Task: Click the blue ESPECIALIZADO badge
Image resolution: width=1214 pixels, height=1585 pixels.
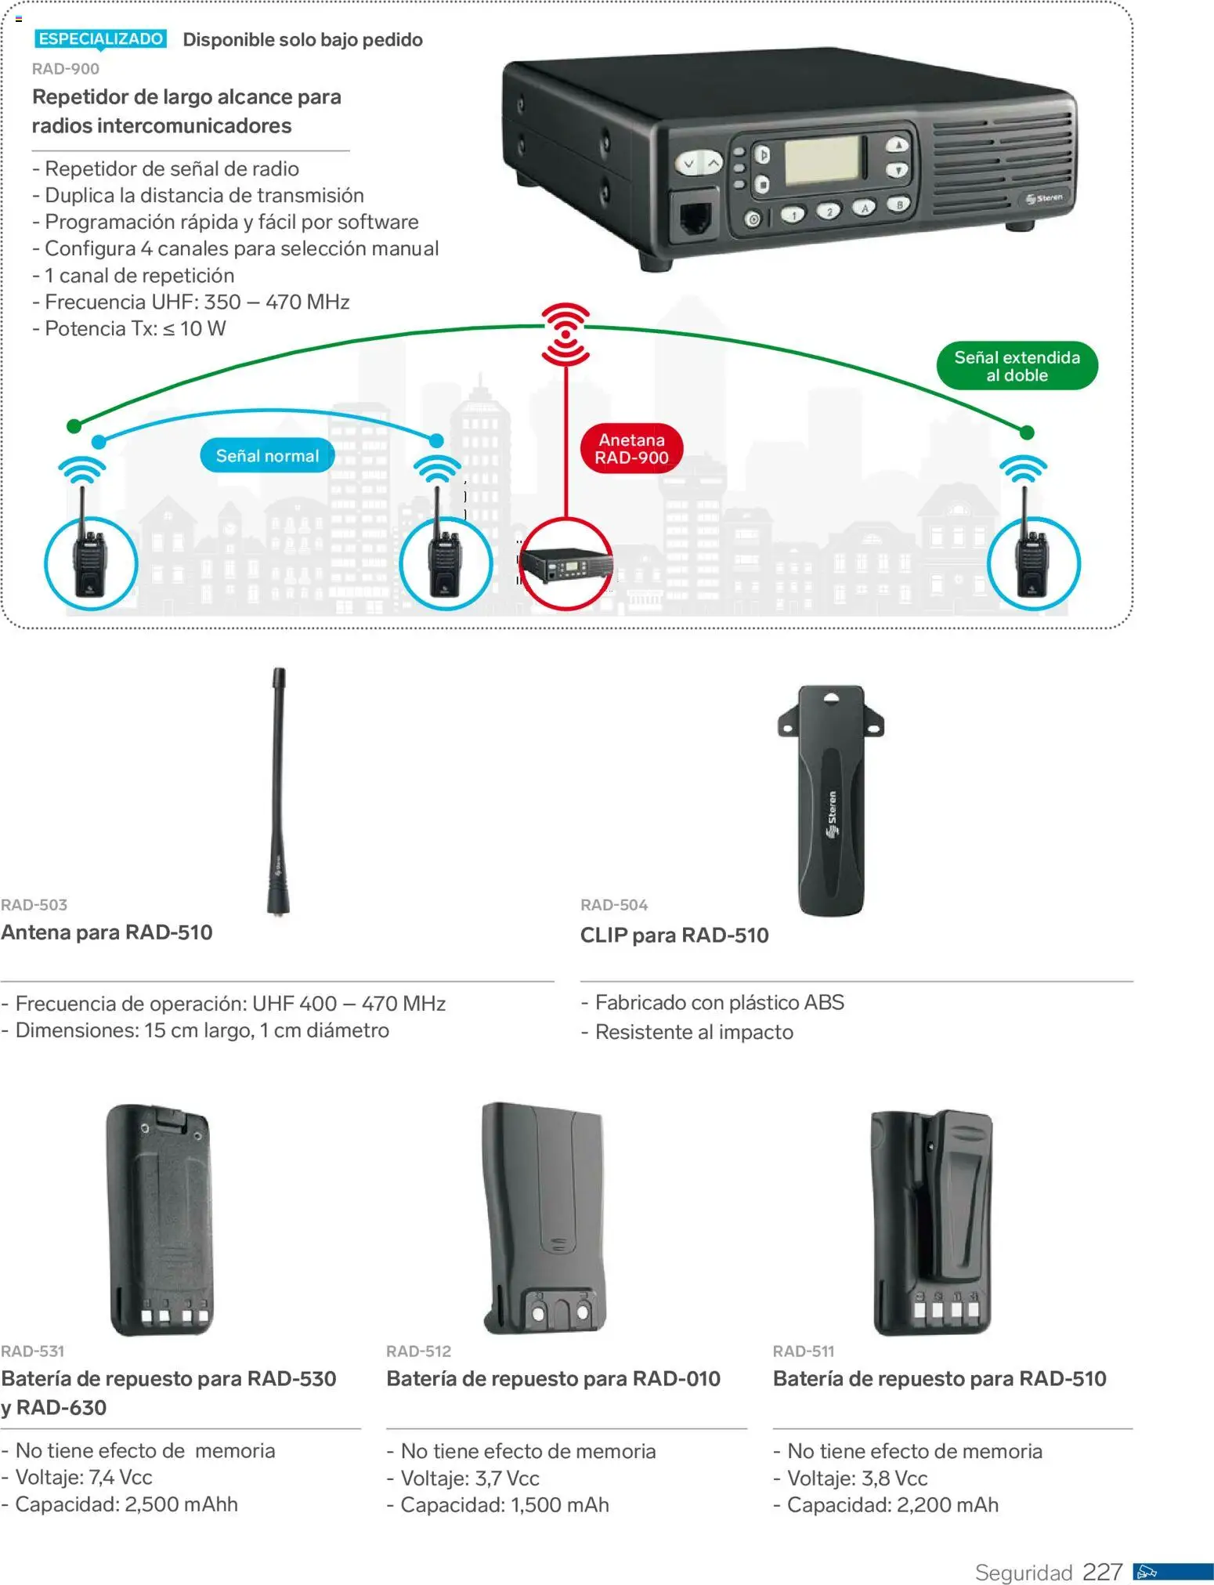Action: click(100, 38)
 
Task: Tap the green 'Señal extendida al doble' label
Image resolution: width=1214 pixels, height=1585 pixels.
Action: click(1017, 366)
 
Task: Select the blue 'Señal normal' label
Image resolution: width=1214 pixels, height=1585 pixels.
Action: click(267, 455)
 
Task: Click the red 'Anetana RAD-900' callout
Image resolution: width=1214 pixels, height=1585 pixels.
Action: click(631, 449)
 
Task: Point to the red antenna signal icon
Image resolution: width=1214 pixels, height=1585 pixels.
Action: click(565, 334)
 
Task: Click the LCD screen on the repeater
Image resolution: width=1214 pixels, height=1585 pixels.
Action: click(824, 160)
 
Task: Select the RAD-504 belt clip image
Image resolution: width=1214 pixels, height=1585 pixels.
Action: click(831, 799)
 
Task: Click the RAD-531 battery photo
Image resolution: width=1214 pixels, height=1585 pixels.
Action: click(160, 1219)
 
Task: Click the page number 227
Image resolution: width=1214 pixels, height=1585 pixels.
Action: click(1102, 1572)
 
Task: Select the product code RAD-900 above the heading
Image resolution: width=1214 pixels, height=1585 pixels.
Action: click(66, 69)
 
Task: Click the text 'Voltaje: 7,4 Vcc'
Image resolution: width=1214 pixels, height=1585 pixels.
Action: click(84, 1477)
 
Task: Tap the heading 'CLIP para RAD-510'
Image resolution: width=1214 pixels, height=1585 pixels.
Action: click(674, 935)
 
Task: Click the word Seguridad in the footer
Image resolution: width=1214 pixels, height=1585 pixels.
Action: click(1023, 1572)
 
